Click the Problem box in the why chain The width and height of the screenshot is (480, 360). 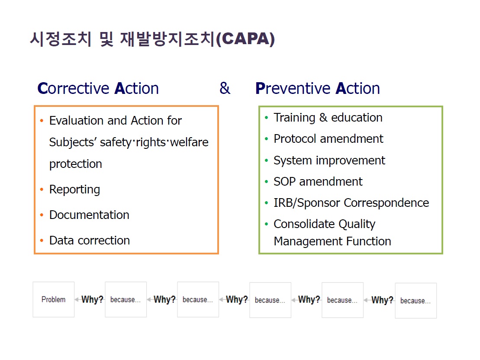pos(54,299)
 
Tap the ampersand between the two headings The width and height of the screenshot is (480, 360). pos(225,88)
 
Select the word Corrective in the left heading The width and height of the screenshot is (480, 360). pos(74,88)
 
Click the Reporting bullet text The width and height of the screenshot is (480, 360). pos(75,190)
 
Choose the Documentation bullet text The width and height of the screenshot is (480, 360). pos(90,215)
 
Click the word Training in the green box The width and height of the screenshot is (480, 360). pos(294,118)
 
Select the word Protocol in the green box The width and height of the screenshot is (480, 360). pos(295,138)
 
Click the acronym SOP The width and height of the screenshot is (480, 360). pos(285,182)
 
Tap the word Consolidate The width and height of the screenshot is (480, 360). pos(304,224)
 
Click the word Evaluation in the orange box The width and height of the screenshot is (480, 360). pos(77,121)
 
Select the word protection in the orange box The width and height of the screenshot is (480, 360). pos(76,164)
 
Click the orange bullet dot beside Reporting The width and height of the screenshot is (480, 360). pos(42,190)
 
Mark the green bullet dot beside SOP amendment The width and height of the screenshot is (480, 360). pos(266,182)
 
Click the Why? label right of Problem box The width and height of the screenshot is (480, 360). pos(92,299)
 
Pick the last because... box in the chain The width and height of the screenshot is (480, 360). pos(416,301)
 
